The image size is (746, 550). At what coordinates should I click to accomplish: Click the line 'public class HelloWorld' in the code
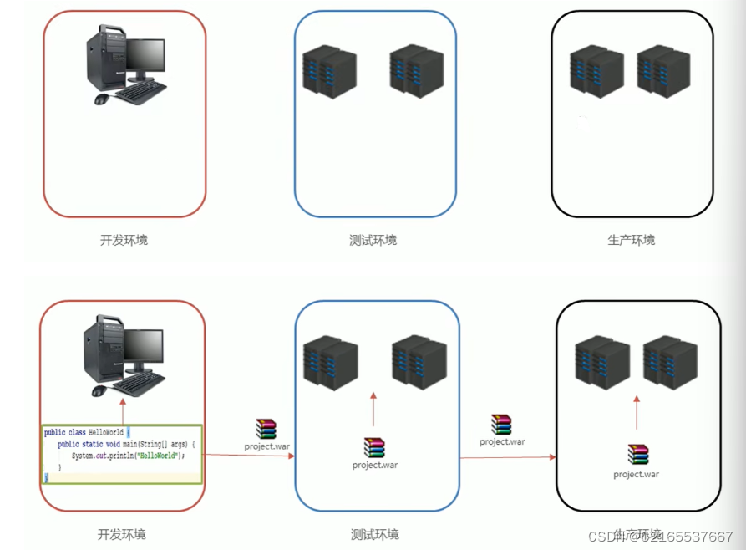84,432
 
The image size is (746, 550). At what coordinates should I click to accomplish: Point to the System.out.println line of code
127,456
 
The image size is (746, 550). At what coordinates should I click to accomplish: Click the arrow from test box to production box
507,457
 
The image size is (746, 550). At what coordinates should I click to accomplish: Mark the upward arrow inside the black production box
637,412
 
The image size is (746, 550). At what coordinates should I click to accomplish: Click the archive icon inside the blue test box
374,447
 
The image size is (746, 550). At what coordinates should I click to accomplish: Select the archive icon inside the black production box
637,455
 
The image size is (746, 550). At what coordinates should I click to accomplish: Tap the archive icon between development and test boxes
266,429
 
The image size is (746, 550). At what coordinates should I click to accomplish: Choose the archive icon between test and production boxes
501,425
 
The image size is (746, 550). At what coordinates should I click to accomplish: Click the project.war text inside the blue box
375,465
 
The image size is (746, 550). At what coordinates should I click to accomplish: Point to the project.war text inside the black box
637,475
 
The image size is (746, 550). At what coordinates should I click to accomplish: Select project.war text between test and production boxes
502,441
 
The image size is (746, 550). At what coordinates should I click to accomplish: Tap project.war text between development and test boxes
267,446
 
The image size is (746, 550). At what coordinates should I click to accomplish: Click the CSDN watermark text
660,536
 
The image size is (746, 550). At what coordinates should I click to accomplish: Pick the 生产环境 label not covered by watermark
632,240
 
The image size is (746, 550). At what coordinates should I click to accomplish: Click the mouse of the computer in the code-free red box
101,99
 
